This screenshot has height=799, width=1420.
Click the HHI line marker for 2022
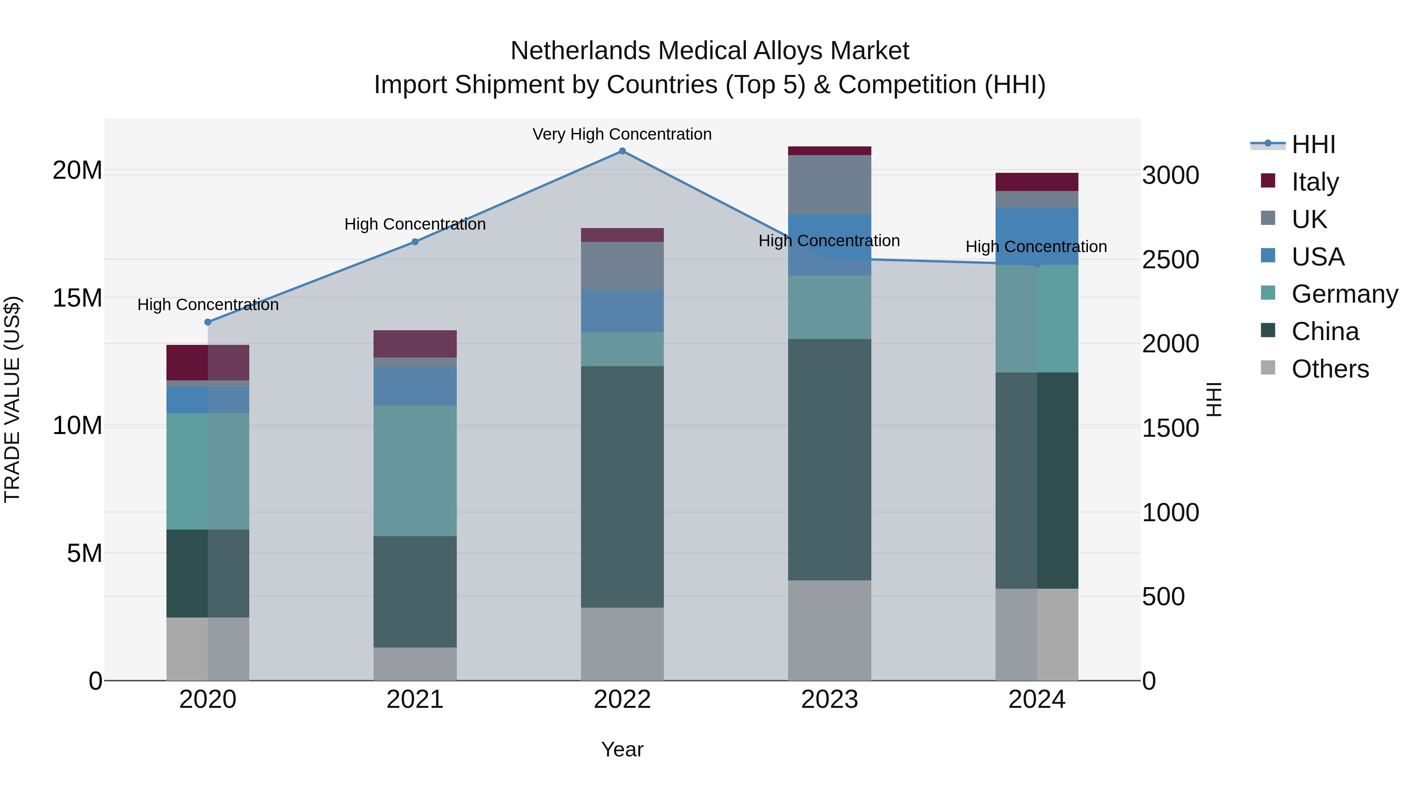[622, 151]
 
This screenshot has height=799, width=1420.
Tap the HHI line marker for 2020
[208, 322]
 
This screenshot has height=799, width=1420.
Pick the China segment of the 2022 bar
[622, 487]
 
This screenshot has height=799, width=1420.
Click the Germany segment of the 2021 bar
[415, 471]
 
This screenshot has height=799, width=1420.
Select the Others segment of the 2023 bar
[829, 630]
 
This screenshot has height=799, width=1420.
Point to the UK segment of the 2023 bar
[829, 184]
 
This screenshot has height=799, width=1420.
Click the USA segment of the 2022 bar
[622, 311]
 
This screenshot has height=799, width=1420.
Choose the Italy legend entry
[1314, 182]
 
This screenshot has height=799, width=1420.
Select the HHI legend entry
[1312, 144]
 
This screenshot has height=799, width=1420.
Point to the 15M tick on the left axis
[77, 298]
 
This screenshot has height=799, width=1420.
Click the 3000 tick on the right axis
[1170, 175]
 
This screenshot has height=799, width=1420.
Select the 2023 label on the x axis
[829, 700]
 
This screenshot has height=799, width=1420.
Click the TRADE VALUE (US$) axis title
[12, 399]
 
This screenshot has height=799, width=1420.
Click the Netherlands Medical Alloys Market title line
[710, 51]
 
